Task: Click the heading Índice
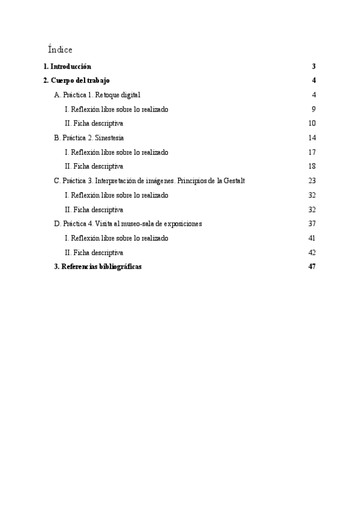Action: pyautogui.click(x=60, y=49)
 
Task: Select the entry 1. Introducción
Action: pyautogui.click(x=67, y=66)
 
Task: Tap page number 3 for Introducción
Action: pyautogui.click(x=314, y=66)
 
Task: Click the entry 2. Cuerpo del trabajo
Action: pyautogui.click(x=76, y=80)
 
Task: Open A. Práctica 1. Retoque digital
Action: pyautogui.click(x=97, y=95)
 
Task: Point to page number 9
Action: pyautogui.click(x=314, y=109)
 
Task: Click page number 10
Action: pyautogui.click(x=312, y=124)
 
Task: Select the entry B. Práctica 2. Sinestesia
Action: pyautogui.click(x=89, y=137)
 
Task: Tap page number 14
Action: pyautogui.click(x=312, y=138)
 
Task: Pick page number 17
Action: pyautogui.click(x=312, y=152)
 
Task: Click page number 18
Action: pyautogui.click(x=312, y=166)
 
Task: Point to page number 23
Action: pyautogui.click(x=312, y=181)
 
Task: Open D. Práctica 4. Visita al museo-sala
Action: pyautogui.click(x=128, y=223)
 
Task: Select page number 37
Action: pyautogui.click(x=312, y=224)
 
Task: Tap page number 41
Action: pyautogui.click(x=312, y=238)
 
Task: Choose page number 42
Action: pyautogui.click(x=312, y=253)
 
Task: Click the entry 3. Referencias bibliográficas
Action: pyautogui.click(x=98, y=267)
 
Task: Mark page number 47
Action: pyautogui.click(x=312, y=267)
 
